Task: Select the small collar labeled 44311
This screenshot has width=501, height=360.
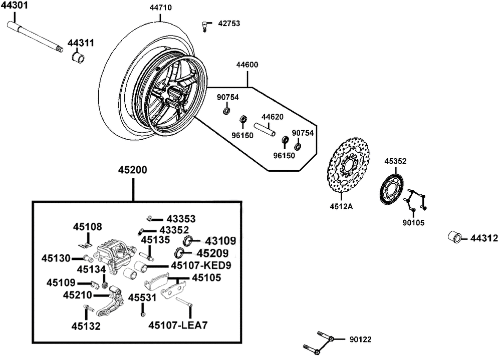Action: [78, 58]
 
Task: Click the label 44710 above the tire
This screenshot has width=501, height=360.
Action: [161, 8]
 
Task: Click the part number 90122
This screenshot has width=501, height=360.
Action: [360, 339]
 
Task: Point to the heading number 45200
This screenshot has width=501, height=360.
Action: [133, 170]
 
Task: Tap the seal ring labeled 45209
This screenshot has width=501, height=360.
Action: [179, 252]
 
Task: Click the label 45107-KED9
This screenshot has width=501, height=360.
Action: [201, 265]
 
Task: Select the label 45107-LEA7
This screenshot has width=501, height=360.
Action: [178, 325]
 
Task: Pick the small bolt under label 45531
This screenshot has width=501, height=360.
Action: [143, 310]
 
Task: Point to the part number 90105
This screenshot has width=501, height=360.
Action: [413, 223]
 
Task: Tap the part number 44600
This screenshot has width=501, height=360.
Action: [247, 65]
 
